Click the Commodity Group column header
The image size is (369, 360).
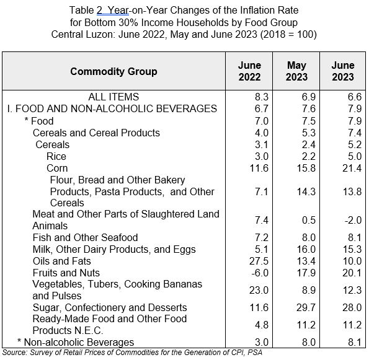(113, 71)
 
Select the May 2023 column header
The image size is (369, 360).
(296, 71)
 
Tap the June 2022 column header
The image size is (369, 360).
(249, 71)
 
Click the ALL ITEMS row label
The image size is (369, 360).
(113, 97)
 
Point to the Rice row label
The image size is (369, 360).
(56, 156)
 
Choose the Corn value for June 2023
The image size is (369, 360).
(352, 168)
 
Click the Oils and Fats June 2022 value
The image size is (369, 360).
(259, 261)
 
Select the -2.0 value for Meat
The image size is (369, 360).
(353, 221)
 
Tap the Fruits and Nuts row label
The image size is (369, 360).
(66, 273)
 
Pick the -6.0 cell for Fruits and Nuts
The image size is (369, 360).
(260, 273)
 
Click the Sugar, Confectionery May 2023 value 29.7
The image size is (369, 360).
(306, 307)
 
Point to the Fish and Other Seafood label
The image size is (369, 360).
(85, 237)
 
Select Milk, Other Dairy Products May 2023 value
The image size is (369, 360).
(306, 249)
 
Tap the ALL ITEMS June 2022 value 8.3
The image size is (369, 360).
(262, 97)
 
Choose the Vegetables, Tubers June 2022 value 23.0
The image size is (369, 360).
(259, 290)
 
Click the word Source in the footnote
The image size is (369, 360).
(15, 353)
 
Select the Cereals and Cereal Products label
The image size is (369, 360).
(96, 133)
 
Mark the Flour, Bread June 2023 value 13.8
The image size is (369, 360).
(352, 191)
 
